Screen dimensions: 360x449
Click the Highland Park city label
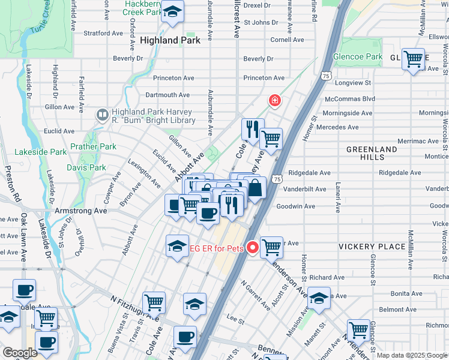point(167,40)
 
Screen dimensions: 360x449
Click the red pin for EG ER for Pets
point(253,247)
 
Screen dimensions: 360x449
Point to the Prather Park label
point(93,146)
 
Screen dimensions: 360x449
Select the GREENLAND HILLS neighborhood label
point(372,153)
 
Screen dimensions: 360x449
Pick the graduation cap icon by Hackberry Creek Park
point(172,12)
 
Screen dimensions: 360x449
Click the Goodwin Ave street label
point(295,206)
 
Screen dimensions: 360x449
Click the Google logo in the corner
point(20,353)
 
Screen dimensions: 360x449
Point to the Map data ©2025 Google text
point(411,355)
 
